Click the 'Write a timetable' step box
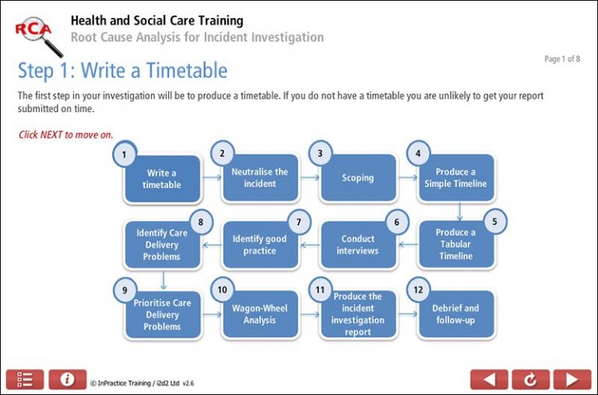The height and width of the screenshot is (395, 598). coord(162,179)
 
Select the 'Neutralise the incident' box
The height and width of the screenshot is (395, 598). coord(260,178)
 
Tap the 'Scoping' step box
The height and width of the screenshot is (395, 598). coord(357,178)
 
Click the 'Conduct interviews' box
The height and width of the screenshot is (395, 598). coord(357,245)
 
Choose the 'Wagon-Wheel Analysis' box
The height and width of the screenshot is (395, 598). coord(260,314)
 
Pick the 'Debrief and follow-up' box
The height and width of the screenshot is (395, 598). coord(456,314)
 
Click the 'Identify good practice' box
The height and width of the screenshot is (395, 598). coord(260,245)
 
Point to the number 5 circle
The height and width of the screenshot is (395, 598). coord(494,221)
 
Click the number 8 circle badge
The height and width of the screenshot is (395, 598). coord(201,222)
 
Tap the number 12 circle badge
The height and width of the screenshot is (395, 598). coord(418,290)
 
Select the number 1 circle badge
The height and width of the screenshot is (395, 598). coord(125,155)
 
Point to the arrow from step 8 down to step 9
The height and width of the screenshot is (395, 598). coord(164,278)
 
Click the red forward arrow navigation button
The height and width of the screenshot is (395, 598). coord(572,379)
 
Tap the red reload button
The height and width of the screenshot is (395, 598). coord(530,379)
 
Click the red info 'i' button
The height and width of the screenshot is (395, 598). coord(68,379)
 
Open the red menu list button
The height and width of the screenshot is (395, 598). coord(25,379)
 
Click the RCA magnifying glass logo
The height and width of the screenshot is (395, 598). coord(38,34)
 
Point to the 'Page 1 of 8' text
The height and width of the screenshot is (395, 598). coord(561,59)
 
